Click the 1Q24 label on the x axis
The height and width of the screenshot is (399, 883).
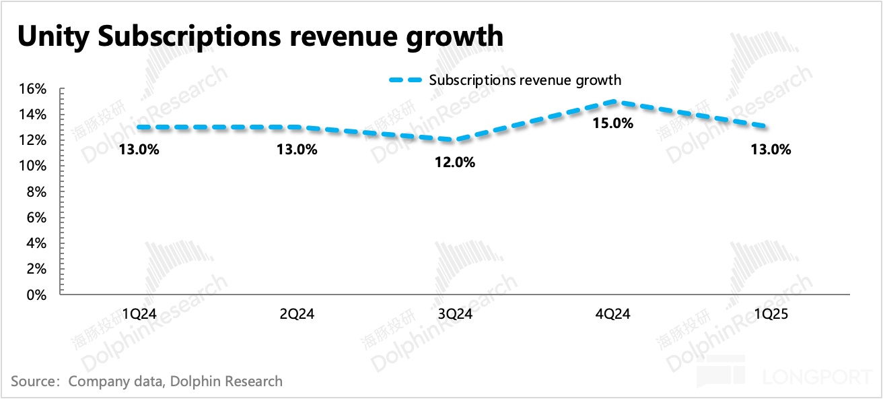click(x=139, y=313)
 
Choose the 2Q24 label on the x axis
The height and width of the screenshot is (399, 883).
click(x=297, y=313)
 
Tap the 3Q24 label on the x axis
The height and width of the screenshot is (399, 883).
click(x=455, y=313)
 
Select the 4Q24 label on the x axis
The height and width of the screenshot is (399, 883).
click(x=612, y=313)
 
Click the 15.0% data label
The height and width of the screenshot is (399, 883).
click(x=612, y=123)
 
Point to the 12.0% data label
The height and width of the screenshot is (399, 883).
click(x=455, y=162)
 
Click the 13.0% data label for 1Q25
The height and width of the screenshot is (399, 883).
click(x=771, y=150)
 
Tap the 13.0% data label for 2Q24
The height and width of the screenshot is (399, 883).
click(x=297, y=150)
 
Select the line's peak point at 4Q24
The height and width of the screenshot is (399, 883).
click(x=612, y=102)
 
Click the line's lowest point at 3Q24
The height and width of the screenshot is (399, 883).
click(x=455, y=140)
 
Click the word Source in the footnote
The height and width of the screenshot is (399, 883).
click(x=32, y=381)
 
